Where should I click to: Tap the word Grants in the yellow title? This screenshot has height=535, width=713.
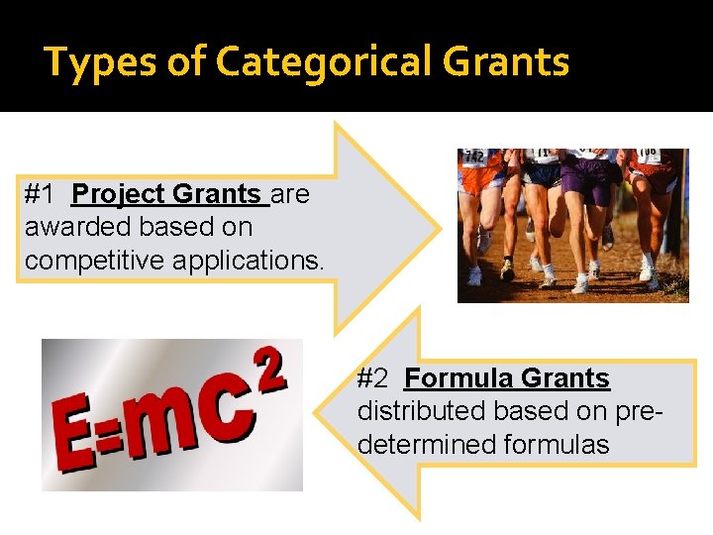506,62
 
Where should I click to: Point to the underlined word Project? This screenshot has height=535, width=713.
120,194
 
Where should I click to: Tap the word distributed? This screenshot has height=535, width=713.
417,410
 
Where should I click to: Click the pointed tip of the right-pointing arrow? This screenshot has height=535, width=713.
440,228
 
